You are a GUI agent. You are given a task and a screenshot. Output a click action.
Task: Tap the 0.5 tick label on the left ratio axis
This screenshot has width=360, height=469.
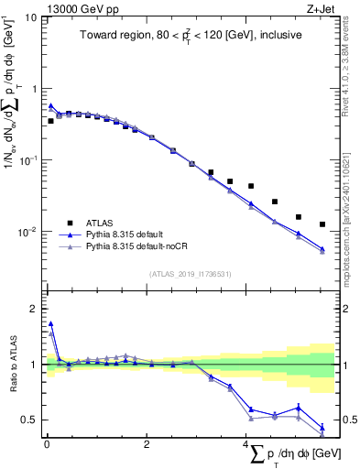point(28,420)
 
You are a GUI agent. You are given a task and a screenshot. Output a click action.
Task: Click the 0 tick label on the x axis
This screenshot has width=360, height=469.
point(46,448)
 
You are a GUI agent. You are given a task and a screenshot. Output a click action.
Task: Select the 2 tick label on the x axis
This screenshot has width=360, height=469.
point(147,448)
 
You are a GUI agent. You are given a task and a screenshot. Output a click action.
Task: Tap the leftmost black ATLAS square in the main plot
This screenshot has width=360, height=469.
point(51,121)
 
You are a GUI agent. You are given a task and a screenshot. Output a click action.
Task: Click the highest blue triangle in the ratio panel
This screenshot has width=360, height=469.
point(51,323)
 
